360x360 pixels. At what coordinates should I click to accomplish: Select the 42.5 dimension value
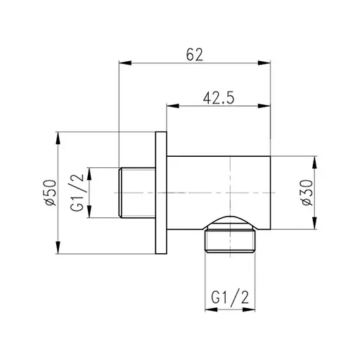click(219, 98)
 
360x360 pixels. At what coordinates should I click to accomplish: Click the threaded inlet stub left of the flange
click(136, 193)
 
